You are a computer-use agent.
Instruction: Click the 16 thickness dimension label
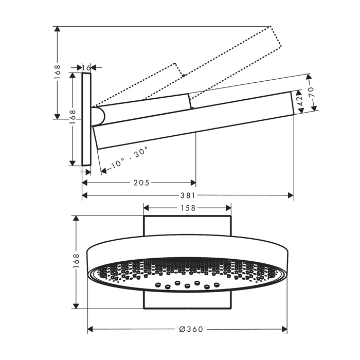[86, 67]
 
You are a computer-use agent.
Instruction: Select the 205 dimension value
[141, 183]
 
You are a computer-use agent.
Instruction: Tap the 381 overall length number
[188, 195]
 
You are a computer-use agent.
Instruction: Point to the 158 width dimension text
[188, 208]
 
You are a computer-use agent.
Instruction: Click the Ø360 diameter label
[191, 329]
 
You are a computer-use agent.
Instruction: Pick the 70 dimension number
[311, 92]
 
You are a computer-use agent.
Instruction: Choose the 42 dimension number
[300, 100]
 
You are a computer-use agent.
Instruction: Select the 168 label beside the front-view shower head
[76, 261]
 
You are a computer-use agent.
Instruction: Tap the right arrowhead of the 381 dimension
[291, 195]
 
